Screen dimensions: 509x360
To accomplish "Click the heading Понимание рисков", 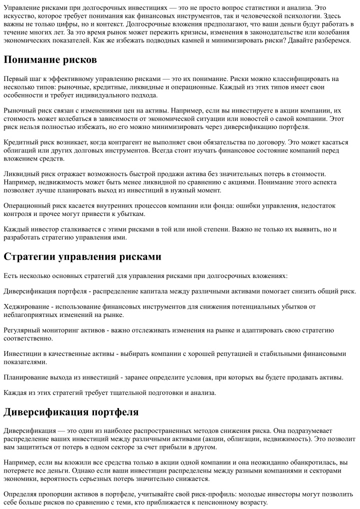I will [50, 59].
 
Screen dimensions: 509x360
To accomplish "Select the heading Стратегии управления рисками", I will [82, 257].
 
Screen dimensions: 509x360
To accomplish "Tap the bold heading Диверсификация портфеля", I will [71, 412].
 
